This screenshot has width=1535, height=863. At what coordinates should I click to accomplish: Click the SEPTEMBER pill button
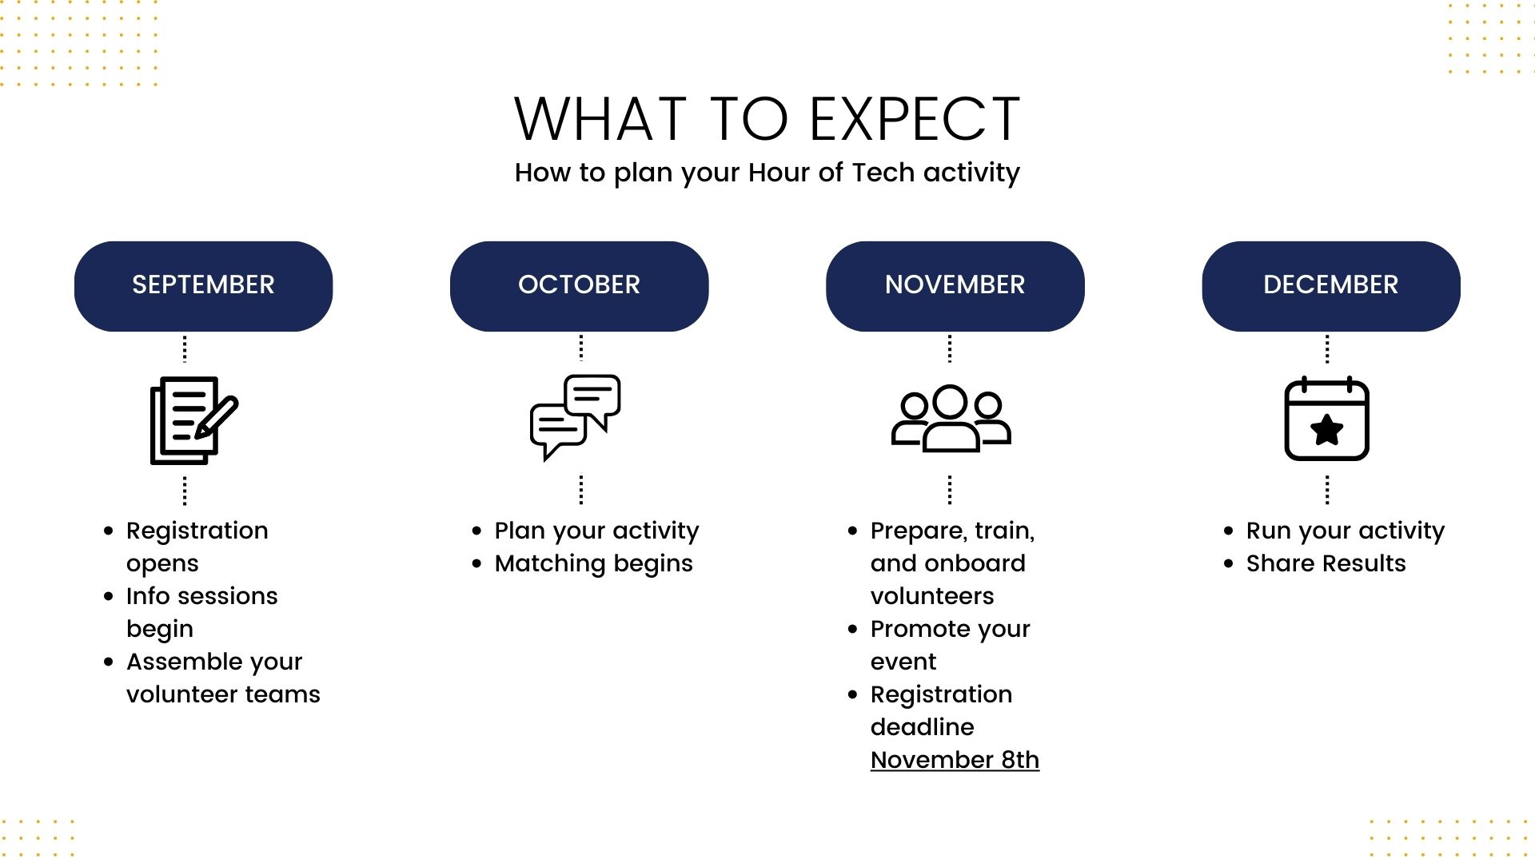[203, 285]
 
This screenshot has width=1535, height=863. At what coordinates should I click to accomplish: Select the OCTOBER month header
[579, 285]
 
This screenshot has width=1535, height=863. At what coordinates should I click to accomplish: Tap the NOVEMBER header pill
[955, 285]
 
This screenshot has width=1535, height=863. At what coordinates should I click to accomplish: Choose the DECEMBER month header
[1330, 285]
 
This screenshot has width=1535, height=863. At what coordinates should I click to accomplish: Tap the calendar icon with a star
[1326, 419]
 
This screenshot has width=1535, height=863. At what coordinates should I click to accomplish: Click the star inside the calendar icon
[1327, 430]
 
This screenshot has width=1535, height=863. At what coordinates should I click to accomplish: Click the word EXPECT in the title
[915, 120]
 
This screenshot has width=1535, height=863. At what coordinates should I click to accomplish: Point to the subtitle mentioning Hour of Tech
[767, 173]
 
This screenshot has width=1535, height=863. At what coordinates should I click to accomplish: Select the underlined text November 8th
[955, 760]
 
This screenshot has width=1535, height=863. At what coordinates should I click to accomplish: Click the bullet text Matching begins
[593, 564]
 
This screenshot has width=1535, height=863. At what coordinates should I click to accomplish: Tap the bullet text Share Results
[1326, 564]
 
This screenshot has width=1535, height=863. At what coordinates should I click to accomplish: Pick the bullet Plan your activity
[596, 531]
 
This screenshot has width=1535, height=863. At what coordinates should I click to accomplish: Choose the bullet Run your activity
[1345, 531]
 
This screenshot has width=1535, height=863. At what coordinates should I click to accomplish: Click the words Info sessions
[201, 596]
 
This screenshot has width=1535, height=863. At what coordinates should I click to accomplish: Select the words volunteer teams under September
[223, 694]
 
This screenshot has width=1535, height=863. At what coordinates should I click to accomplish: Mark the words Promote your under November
[950, 630]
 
